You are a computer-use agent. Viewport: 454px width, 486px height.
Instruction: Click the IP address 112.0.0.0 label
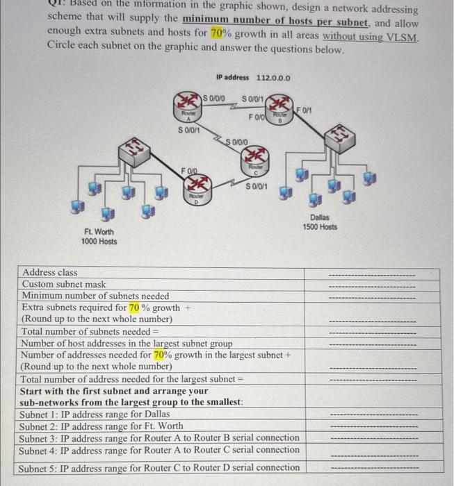pyautogui.click(x=253, y=78)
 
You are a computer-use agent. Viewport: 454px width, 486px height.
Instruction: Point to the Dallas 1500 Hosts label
pyautogui.click(x=320, y=222)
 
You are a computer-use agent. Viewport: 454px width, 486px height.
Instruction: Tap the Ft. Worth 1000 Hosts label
pyautogui.click(x=99, y=237)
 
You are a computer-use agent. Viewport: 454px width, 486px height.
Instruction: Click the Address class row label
pyautogui.click(x=50, y=273)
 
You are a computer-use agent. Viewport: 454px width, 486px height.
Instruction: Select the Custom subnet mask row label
pyautogui.click(x=64, y=284)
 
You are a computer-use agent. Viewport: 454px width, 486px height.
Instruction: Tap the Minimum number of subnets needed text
pyautogui.click(x=95, y=296)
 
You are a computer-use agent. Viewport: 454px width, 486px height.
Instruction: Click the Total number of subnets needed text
pyautogui.click(x=86, y=331)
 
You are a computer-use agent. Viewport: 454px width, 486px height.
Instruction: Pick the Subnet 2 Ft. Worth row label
pyautogui.click(x=102, y=426)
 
